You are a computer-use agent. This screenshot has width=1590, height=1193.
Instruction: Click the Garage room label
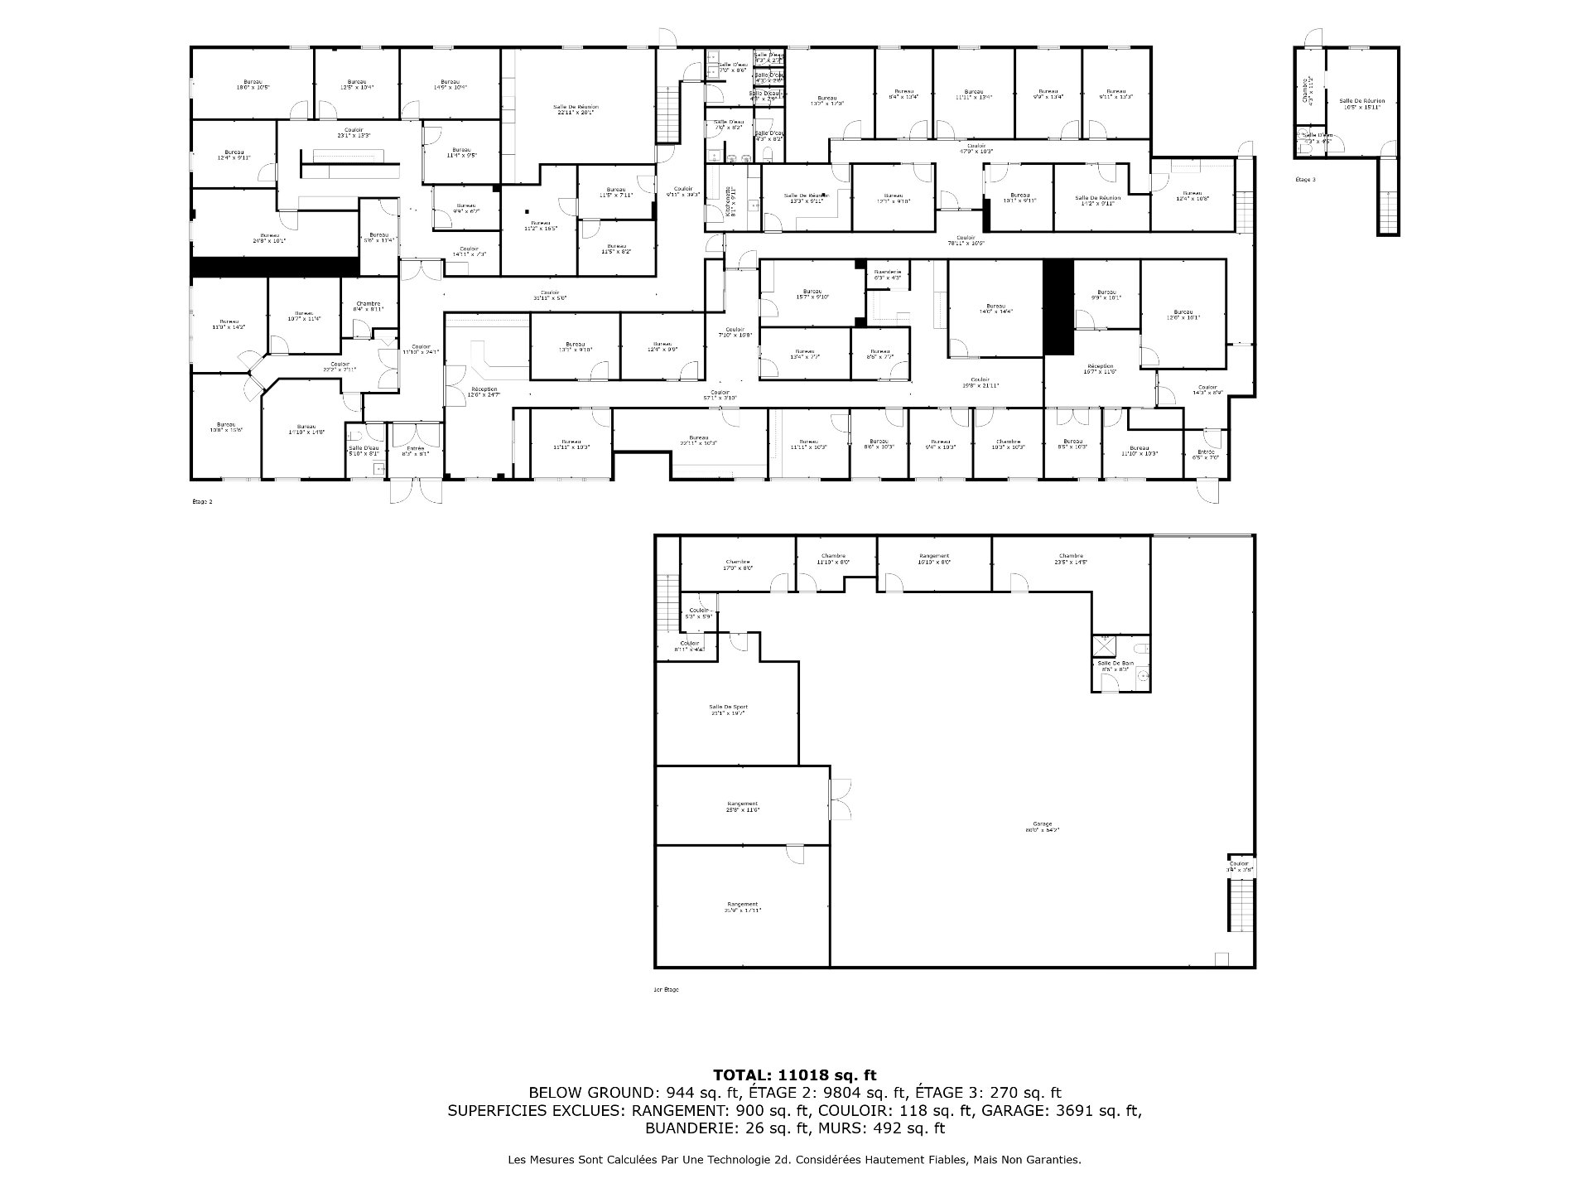click(x=1042, y=826)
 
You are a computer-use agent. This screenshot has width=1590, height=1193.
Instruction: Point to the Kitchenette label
click(x=729, y=201)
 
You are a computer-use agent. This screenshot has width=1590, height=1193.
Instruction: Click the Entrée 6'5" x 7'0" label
click(x=1207, y=454)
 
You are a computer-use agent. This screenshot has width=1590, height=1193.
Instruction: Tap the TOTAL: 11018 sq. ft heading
click(x=794, y=1075)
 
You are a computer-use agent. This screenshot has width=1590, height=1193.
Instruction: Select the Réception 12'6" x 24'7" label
click(x=484, y=391)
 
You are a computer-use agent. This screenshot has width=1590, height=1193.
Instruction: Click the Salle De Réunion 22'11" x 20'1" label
click(x=576, y=109)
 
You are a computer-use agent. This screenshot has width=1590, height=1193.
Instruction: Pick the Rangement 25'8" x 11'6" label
click(x=742, y=806)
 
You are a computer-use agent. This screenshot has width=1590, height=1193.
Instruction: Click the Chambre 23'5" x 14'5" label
click(x=1070, y=558)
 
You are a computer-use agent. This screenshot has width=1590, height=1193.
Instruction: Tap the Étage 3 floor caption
click(x=1304, y=179)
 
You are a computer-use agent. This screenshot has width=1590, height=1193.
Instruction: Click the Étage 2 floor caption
click(x=202, y=501)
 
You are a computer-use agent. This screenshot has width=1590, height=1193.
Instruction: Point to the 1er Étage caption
click(x=666, y=989)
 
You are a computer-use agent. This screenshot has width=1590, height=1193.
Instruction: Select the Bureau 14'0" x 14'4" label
click(x=995, y=308)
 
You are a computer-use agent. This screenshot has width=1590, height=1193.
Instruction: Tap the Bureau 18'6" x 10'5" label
click(x=253, y=85)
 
